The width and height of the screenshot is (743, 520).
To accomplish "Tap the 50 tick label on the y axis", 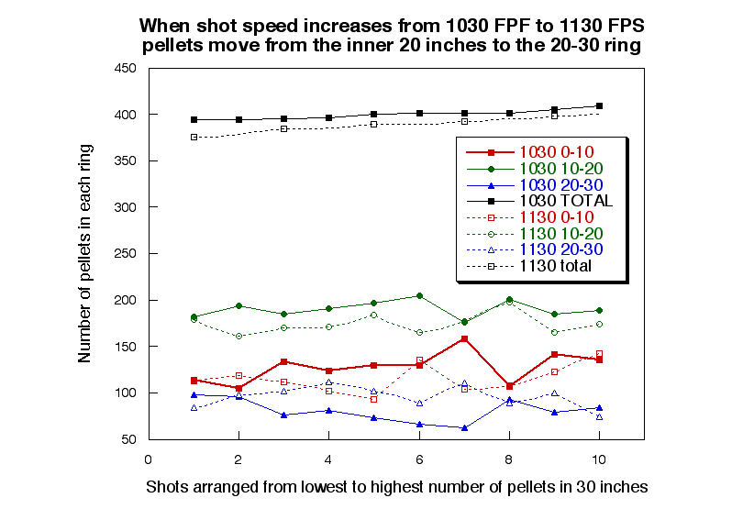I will coord(128,439).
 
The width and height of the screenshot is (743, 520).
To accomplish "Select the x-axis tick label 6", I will coord(419,459).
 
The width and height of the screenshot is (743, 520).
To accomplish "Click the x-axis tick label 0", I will coord(149,459).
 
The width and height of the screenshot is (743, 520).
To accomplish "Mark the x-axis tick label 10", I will coord(599,459).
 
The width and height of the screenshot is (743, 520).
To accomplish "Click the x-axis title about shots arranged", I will coord(396,488).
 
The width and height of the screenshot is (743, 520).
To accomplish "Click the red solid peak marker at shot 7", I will coord(464,338).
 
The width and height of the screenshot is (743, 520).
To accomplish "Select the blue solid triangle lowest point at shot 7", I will coord(464,427).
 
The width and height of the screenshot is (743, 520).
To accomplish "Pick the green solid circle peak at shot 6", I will coord(419,295).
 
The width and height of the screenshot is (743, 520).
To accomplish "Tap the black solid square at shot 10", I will coord(599,106).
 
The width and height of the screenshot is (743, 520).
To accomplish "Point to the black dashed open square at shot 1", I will coord(194,138).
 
